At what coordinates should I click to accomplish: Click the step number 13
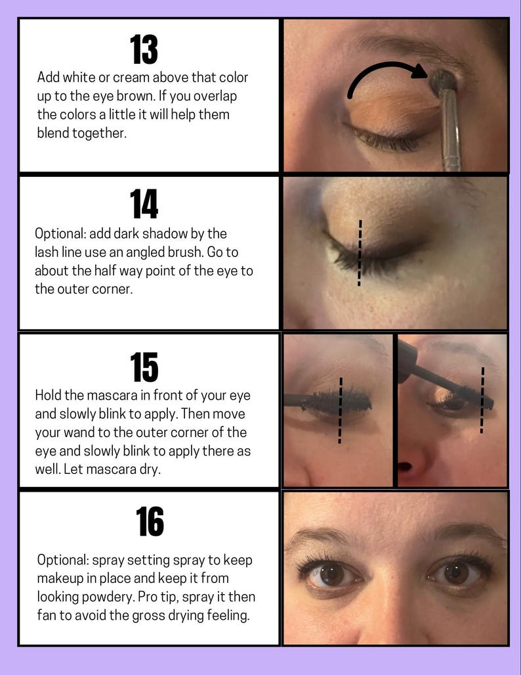click(144, 49)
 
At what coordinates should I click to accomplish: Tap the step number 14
click(144, 204)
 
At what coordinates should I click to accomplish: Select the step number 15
click(144, 367)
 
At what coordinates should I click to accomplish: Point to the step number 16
click(150, 523)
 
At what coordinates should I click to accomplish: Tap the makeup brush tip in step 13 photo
click(444, 81)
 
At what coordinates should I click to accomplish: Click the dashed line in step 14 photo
click(360, 253)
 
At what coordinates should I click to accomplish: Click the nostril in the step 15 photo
click(406, 467)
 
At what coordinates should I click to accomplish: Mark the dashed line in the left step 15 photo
click(341, 411)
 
